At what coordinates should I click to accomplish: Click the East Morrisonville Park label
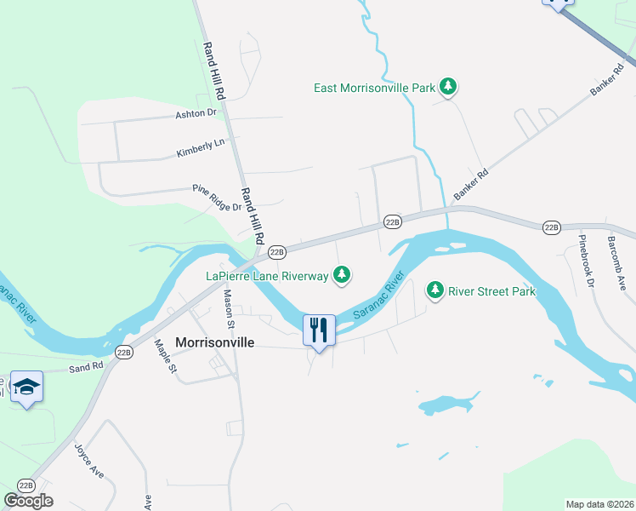point(374,88)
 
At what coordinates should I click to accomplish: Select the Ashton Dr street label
point(196,112)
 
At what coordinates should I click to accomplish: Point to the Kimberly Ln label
point(201,147)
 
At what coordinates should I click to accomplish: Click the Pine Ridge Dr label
point(218,198)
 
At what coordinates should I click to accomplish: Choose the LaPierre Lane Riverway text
point(267,275)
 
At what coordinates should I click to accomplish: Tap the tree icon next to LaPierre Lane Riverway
point(341,274)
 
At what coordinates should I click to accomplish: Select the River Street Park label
point(493,291)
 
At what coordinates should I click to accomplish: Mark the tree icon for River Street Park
point(435,290)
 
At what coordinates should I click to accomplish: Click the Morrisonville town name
point(216,342)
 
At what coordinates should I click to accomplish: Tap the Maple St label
point(165,356)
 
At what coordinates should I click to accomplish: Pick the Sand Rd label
point(85,367)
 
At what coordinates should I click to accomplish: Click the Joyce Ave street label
point(88,460)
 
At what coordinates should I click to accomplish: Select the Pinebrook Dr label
point(586,260)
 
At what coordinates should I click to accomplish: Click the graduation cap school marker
point(26,388)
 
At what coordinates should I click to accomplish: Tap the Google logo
point(28,500)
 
